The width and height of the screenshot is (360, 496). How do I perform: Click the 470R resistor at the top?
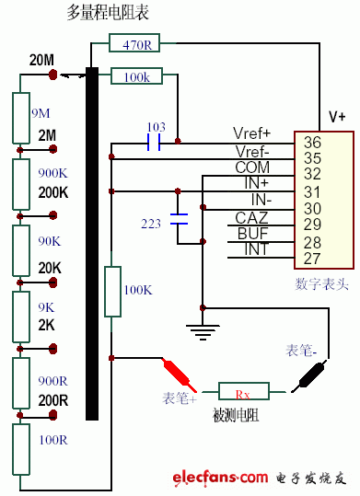[x=137, y=42]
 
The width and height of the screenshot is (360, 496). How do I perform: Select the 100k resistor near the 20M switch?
[x=137, y=77]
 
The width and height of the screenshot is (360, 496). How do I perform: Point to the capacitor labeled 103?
[x=155, y=143]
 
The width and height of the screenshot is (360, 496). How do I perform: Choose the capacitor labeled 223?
[x=180, y=221]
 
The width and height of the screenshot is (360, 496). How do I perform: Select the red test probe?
[x=179, y=373]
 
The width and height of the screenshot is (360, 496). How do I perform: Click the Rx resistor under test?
[x=242, y=393]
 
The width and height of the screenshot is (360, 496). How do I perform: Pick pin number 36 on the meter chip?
[x=312, y=142]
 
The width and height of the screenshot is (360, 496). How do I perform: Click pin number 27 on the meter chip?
[x=312, y=259]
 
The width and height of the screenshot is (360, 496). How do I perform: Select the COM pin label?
[x=252, y=167]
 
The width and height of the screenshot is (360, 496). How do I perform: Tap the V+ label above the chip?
[x=337, y=117]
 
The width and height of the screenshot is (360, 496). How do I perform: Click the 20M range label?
[x=41, y=60]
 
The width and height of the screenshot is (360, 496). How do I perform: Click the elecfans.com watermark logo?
[x=261, y=477]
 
